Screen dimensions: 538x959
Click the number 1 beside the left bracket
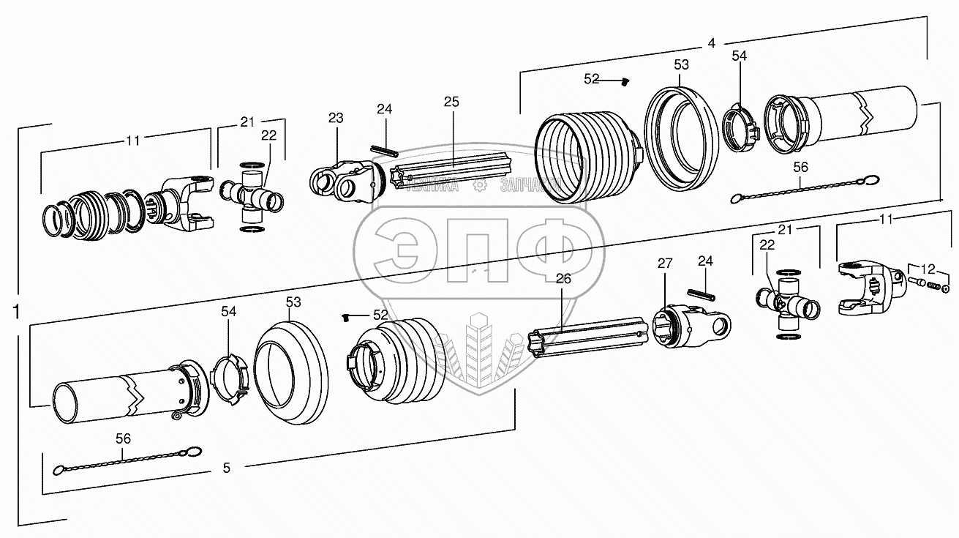(16, 313)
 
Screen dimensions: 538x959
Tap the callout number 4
(711, 43)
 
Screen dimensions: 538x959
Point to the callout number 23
(336, 117)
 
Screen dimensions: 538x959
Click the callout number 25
(451, 102)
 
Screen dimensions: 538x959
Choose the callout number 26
(563, 278)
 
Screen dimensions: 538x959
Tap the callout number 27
(663, 264)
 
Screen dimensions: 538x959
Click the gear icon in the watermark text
(480, 187)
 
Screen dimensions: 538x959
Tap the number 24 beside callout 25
(385, 109)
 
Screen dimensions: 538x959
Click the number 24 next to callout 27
(705, 261)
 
